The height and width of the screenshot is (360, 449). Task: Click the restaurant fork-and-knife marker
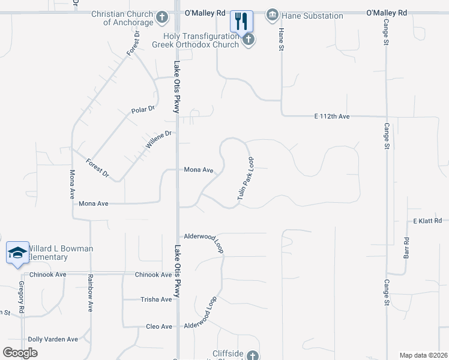(242, 22)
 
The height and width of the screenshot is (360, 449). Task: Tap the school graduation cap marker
(17, 252)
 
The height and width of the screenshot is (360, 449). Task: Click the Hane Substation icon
(272, 14)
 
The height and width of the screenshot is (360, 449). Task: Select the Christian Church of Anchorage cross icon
(161, 18)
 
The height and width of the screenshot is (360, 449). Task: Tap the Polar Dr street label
(143, 110)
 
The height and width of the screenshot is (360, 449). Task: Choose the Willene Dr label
(159, 140)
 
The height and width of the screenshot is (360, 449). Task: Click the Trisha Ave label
(156, 299)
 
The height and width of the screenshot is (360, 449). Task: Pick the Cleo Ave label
(159, 327)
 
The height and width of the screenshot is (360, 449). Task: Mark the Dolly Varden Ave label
(53, 339)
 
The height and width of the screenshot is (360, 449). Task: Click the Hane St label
(280, 40)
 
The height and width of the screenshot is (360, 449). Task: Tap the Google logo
(20, 353)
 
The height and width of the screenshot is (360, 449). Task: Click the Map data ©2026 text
(423, 355)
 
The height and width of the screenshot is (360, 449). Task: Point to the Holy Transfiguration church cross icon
(248, 40)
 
